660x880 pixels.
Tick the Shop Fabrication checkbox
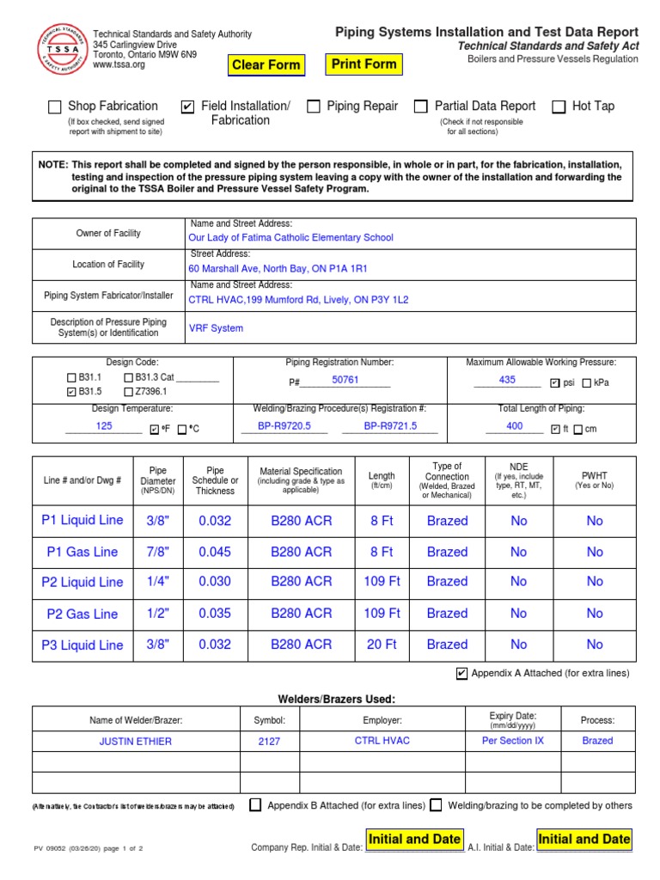[54, 107]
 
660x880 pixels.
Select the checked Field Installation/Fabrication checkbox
[187, 107]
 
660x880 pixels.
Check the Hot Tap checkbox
[559, 107]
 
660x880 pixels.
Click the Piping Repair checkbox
[314, 107]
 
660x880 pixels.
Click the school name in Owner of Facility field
[290, 238]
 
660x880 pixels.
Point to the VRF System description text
[216, 328]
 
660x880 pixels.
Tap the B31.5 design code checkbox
[71, 392]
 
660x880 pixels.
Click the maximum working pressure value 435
[507, 380]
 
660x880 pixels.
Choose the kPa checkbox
[587, 383]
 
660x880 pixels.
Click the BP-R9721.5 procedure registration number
[389, 425]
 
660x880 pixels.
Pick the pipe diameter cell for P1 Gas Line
[158, 552]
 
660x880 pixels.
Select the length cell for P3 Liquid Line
[382, 645]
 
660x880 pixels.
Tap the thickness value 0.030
[215, 582]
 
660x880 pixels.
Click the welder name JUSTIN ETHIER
[136, 741]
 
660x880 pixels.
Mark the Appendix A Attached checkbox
[462, 674]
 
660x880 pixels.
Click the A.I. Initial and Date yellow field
[584, 840]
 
